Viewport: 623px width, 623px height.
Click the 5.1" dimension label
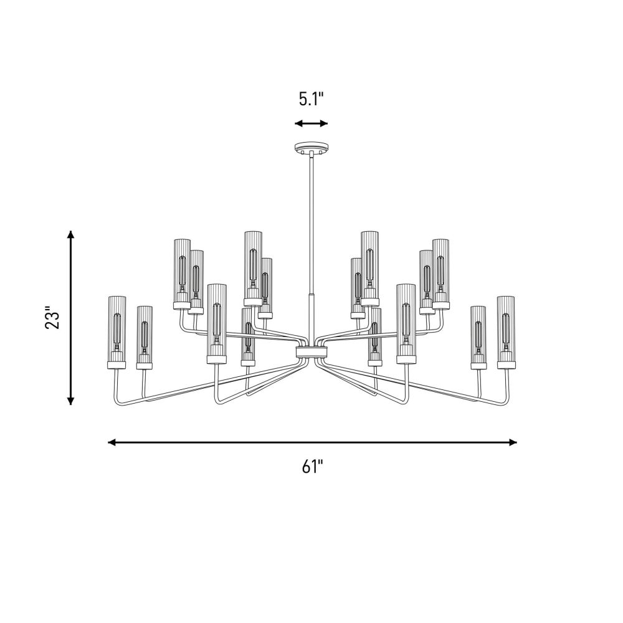point(311,99)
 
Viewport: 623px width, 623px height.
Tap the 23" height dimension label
point(52,317)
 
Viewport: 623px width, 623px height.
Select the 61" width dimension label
point(312,467)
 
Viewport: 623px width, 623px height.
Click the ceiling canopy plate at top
point(311,148)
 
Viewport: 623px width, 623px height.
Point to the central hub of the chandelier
point(311,351)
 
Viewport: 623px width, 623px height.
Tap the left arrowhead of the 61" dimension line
point(112,442)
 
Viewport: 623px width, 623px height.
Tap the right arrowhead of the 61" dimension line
point(513,442)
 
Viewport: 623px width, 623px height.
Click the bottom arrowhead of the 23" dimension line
point(71,401)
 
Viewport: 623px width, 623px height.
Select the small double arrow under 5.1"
point(311,123)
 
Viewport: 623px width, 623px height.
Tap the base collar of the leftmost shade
point(117,365)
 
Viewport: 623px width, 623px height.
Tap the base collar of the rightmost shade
point(506,365)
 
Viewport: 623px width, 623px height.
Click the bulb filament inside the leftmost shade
point(117,332)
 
